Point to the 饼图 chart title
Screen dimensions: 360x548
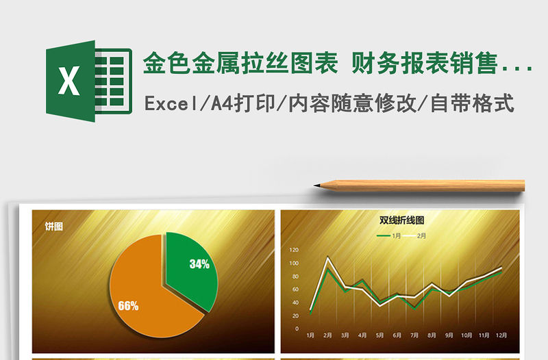54,227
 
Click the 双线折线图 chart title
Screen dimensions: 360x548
402,220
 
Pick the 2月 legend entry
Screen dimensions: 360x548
421,236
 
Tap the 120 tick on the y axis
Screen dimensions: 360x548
295,250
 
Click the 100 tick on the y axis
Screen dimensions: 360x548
295,263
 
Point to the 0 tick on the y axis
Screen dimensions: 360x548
297,329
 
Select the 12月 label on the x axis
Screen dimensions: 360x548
502,335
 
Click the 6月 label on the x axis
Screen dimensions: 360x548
397,335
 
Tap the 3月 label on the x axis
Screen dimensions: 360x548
345,335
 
